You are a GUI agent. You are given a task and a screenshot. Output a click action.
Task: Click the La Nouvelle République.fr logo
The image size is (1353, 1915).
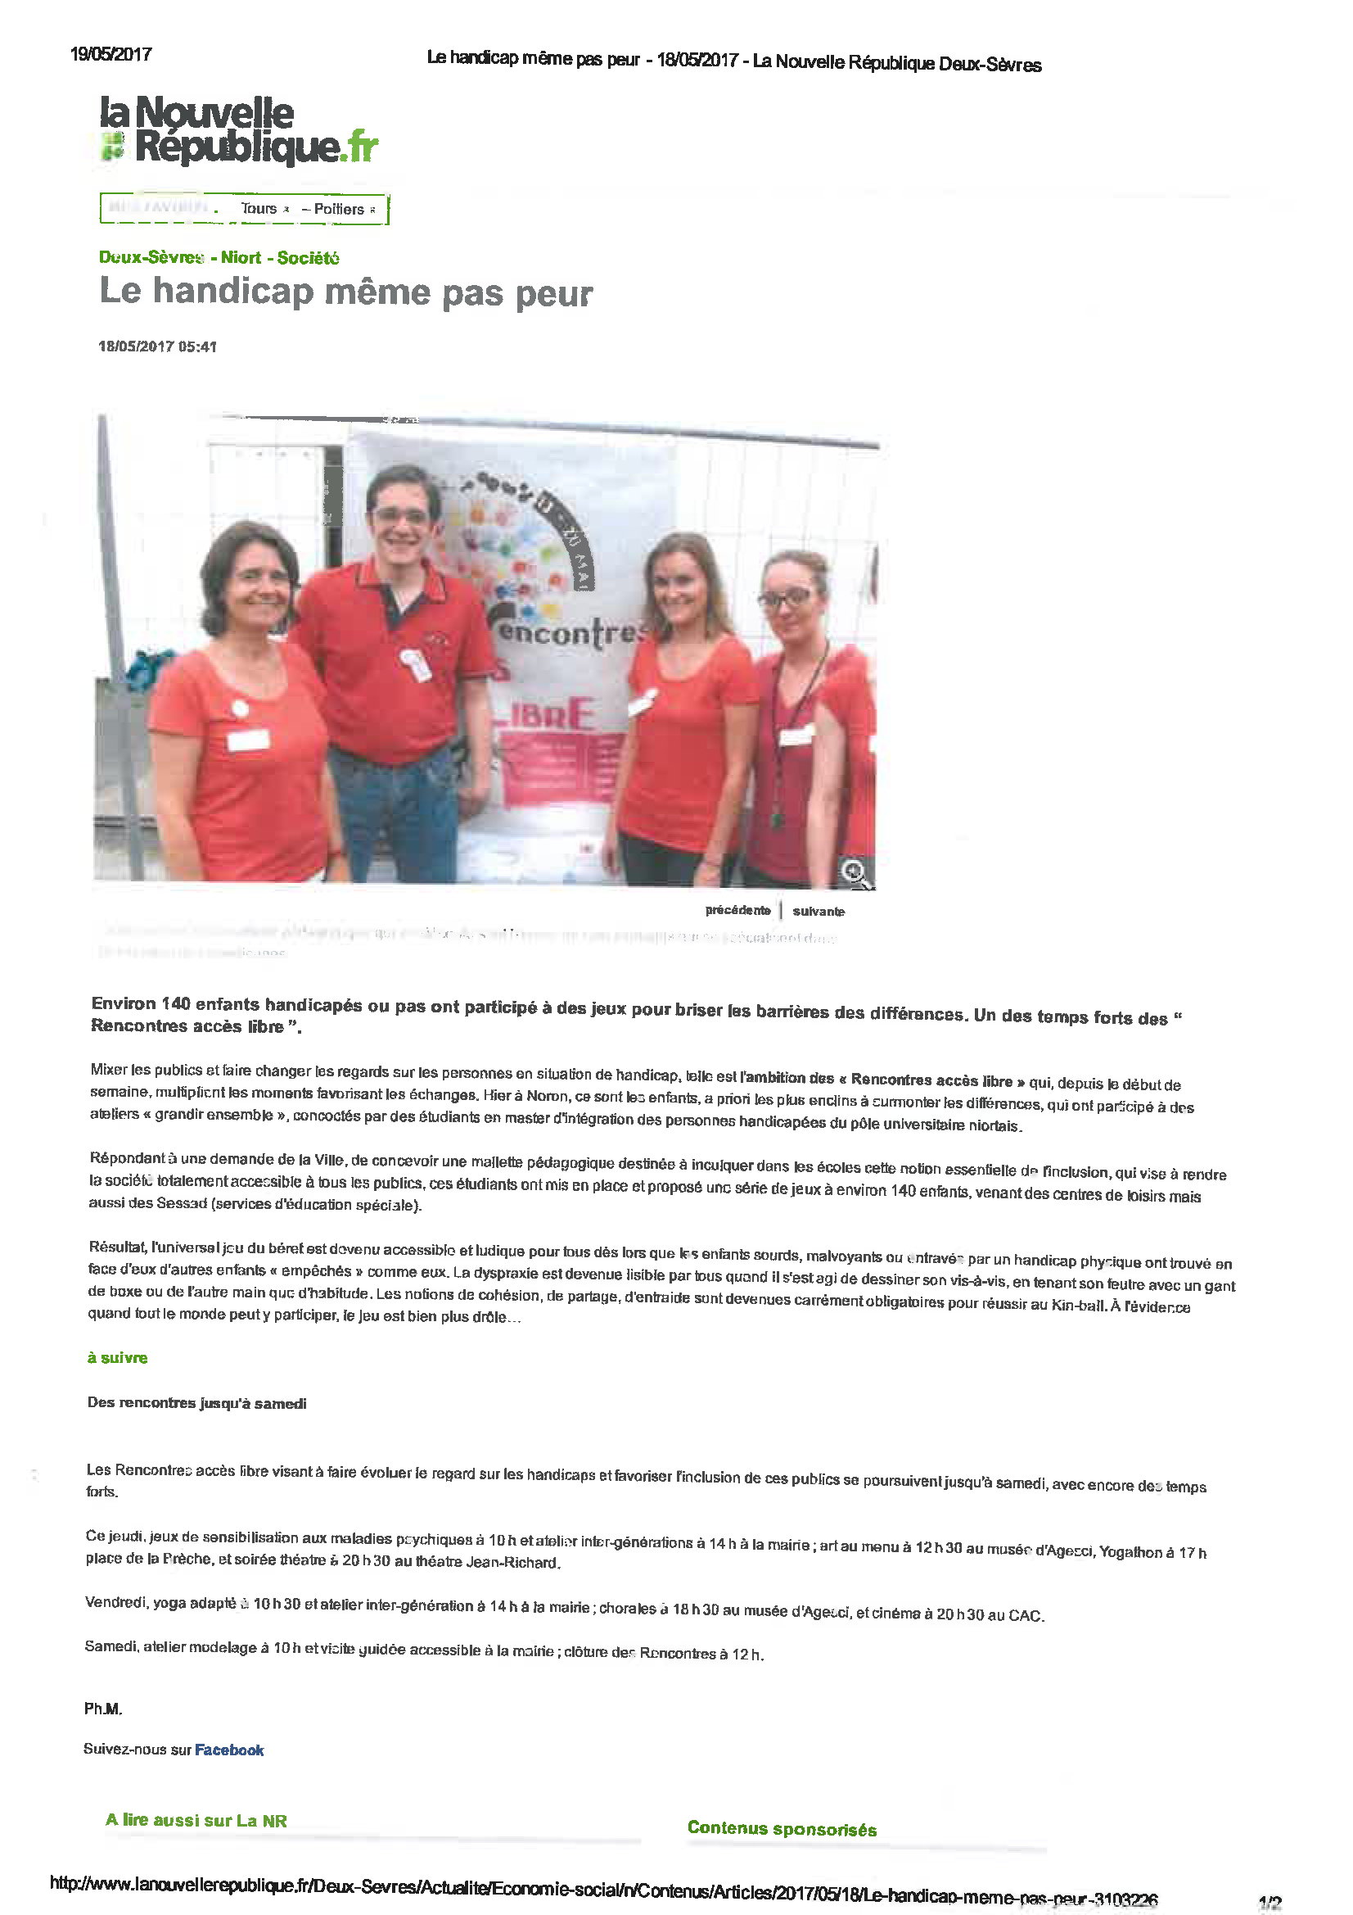coord(238,130)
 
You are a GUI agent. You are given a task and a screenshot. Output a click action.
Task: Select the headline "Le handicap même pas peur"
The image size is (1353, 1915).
coord(346,292)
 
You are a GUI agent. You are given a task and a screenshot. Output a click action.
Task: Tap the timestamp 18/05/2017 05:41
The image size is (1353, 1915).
coord(157,347)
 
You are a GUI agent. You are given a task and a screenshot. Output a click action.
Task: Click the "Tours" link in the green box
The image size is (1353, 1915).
coord(259,209)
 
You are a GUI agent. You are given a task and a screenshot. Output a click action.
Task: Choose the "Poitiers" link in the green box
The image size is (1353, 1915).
coord(340,210)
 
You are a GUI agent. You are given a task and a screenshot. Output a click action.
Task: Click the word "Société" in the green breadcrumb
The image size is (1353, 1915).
coord(309,258)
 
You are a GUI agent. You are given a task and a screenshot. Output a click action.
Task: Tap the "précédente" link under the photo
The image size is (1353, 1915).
coord(737,910)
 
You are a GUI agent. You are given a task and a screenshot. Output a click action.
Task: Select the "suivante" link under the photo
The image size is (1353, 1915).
coord(818,912)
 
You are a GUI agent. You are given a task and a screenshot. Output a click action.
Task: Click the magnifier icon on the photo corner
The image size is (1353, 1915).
coord(855,873)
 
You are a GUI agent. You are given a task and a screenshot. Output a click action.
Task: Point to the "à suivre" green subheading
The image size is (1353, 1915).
coord(118,1358)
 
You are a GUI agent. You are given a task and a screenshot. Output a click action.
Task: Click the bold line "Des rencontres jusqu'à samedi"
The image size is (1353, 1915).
coord(196,1403)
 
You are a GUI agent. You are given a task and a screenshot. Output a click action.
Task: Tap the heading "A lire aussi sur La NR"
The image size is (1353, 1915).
coord(196,1820)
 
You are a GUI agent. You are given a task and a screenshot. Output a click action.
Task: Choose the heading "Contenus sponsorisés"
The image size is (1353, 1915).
coord(782,1829)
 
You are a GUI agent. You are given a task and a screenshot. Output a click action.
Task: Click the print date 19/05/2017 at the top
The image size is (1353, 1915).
coord(110,55)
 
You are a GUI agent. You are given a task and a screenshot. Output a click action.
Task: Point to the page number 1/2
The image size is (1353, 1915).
coord(1270,1903)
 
